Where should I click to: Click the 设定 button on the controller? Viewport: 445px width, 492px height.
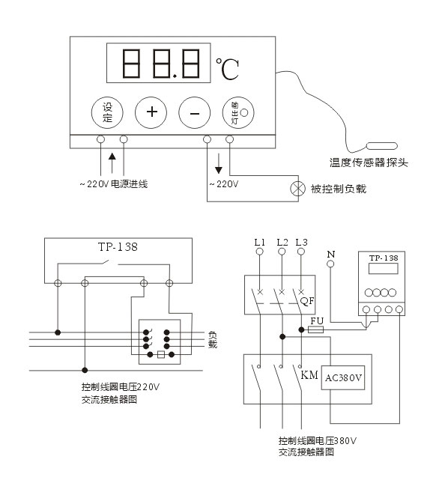[107, 112]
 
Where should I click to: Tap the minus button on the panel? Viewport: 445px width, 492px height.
[195, 112]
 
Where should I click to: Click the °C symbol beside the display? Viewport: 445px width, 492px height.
[227, 68]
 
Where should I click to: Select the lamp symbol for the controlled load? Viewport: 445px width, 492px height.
[297, 189]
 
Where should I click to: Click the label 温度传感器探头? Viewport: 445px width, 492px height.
[369, 163]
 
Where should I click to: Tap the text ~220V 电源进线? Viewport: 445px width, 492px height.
[114, 184]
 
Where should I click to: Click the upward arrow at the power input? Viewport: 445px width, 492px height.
[112, 163]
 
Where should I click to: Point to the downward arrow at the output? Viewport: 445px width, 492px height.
[219, 163]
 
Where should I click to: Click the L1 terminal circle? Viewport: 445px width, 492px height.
[259, 252]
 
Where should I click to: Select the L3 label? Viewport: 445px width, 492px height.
[301, 242]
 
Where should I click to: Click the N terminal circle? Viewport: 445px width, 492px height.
[330, 264]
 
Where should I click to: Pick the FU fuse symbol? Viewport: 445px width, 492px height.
[316, 329]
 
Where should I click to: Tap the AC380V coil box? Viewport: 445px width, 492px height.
[343, 377]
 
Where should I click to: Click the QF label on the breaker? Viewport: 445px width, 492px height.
[307, 301]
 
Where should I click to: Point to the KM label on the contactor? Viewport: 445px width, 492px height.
[309, 374]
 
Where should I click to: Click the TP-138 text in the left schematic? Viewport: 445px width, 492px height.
[118, 247]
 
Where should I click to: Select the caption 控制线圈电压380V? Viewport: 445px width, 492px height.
[318, 441]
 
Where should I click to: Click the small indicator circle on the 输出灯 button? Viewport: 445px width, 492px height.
[243, 112]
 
